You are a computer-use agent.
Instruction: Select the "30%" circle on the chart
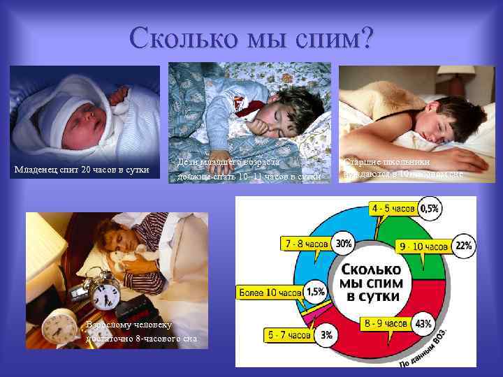point(343,243)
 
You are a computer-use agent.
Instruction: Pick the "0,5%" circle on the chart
point(430,208)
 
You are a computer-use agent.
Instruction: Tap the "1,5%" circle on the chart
point(316,291)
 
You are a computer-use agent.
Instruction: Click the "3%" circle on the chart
point(326,334)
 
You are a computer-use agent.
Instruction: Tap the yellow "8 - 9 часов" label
point(386,324)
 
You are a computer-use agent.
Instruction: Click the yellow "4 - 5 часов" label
point(393,208)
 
